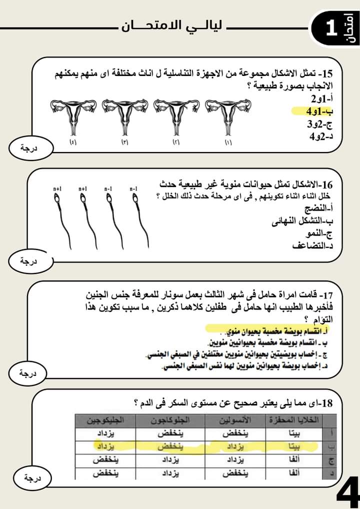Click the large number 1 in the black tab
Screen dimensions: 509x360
pos(331,28)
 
